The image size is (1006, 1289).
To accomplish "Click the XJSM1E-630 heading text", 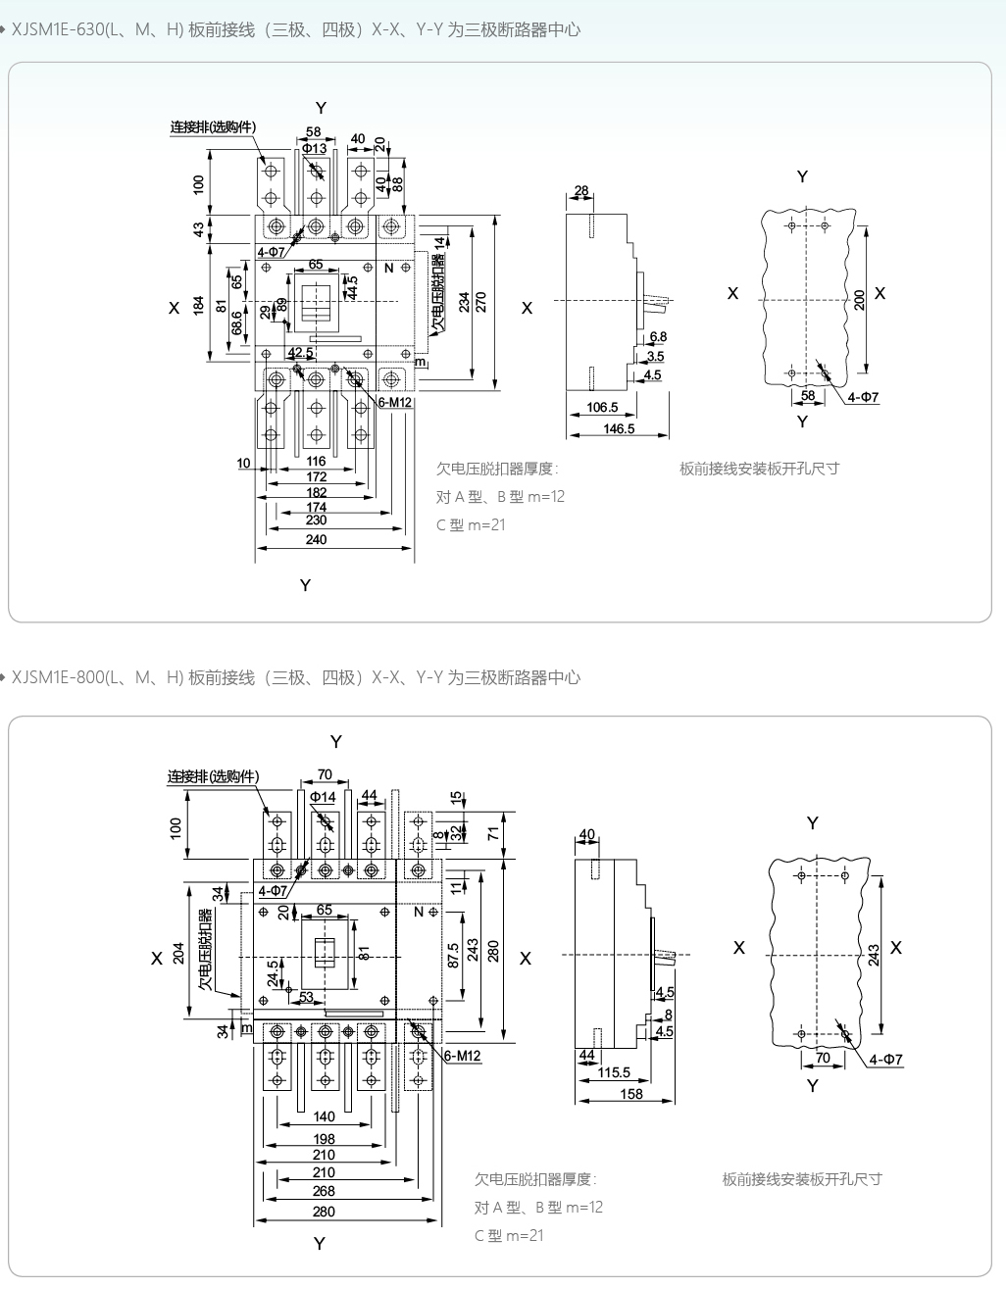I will (x=294, y=30).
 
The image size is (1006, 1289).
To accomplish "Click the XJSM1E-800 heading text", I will (x=294, y=678).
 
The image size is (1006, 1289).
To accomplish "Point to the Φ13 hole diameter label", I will (x=314, y=149).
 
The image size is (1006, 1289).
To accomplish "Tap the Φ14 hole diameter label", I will (x=323, y=797).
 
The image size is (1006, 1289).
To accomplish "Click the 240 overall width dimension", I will (x=316, y=539).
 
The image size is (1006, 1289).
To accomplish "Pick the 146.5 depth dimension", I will (x=619, y=428).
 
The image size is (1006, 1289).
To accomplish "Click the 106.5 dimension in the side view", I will (x=602, y=407).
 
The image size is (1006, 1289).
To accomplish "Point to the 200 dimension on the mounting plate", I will (x=860, y=300).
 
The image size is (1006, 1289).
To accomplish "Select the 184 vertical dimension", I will (x=199, y=305).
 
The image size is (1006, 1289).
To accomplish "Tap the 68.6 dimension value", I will (x=237, y=323).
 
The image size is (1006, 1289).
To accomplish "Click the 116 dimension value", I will (x=316, y=461).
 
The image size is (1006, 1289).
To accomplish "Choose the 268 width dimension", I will (x=324, y=1191).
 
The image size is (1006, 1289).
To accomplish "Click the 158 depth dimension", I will (x=631, y=1094).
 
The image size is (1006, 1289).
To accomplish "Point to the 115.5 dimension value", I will (x=614, y=1072).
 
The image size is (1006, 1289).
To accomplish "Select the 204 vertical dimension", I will (x=179, y=953).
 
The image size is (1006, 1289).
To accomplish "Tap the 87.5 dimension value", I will (x=452, y=956).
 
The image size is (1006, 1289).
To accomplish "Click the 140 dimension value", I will (x=324, y=1116).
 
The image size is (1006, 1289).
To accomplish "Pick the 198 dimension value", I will (x=324, y=1139).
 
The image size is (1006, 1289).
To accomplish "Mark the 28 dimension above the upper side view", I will (x=581, y=191).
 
